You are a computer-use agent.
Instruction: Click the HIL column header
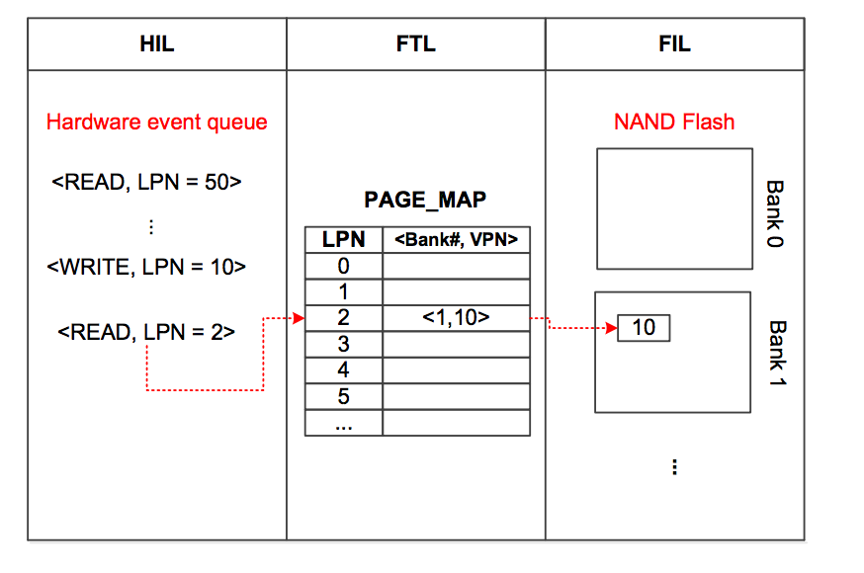[x=157, y=44]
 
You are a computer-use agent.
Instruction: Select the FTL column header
[x=415, y=44]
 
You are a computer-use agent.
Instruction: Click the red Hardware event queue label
[x=157, y=123]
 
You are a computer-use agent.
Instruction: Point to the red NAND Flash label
[x=674, y=123]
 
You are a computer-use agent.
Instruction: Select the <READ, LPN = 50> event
[x=146, y=183]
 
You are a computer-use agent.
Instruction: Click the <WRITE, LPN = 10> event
[x=145, y=266]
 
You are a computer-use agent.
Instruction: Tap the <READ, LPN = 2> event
[x=146, y=332]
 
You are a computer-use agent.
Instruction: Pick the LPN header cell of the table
[x=343, y=239]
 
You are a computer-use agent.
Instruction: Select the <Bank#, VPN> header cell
[x=456, y=239]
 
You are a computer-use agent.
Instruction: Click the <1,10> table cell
[x=456, y=318]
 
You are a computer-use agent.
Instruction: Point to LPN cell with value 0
[x=343, y=266]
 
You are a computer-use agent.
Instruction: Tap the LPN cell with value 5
[x=343, y=397]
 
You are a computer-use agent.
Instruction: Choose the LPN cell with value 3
[x=343, y=345]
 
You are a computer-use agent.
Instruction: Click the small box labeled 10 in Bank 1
[x=644, y=328]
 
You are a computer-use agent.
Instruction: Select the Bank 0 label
[x=775, y=213]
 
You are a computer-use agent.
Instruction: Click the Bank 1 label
[x=777, y=354]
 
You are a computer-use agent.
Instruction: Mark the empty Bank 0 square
[x=674, y=208]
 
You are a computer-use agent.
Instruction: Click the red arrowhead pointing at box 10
[x=610, y=328]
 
